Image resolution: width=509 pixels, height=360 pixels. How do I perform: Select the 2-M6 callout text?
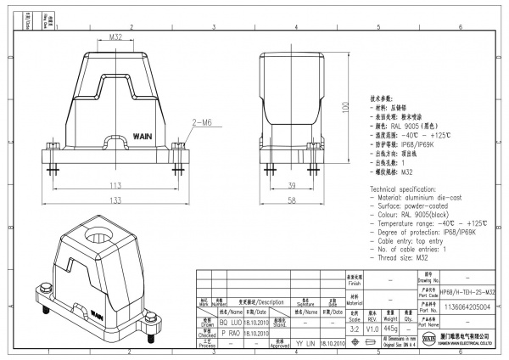click(x=201, y=123)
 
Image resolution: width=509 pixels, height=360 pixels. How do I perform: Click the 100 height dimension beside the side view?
click(x=344, y=108)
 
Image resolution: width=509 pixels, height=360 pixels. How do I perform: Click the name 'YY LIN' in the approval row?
click(x=305, y=343)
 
